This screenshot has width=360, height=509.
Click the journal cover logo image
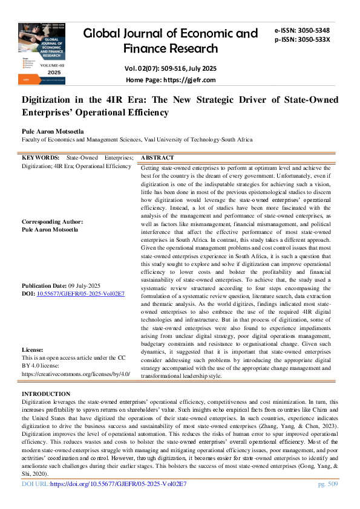point(43,54)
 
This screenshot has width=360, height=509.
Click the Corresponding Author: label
point(53,222)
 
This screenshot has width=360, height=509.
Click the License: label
point(33,350)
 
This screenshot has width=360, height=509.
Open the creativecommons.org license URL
point(76,374)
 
